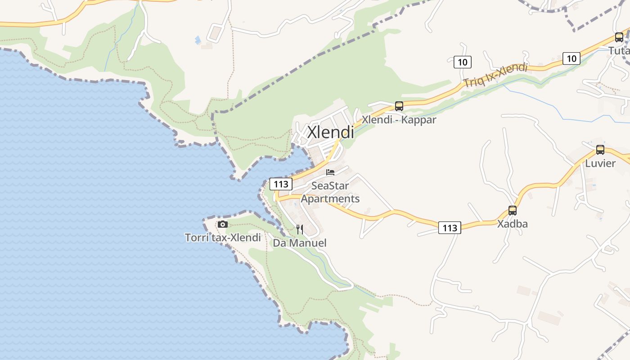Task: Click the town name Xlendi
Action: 330,132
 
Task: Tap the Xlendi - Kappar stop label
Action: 399,120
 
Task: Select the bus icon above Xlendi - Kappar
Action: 399,106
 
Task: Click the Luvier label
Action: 600,163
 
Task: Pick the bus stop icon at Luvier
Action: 600,150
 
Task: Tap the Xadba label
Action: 512,224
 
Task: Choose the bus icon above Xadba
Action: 512,210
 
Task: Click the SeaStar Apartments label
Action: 330,192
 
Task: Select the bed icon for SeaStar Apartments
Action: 330,172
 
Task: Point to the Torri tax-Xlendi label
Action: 223,238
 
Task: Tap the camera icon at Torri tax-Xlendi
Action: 223,224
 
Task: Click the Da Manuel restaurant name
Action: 300,243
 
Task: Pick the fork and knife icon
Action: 300,229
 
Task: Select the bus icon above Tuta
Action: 619,37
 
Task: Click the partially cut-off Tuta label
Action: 619,51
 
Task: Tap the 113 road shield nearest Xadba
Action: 450,228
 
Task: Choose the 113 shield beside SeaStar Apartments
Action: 281,184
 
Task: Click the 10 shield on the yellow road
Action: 571,58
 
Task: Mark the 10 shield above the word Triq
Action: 463,62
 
